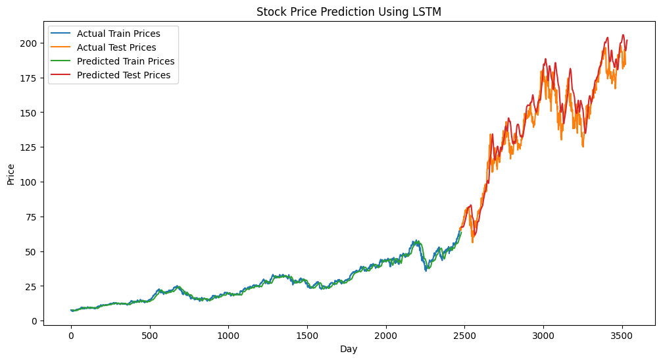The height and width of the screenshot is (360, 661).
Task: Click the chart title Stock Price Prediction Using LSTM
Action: click(349, 12)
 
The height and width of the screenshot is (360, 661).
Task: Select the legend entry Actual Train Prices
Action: click(118, 34)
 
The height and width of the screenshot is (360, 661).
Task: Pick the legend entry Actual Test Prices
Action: click(116, 47)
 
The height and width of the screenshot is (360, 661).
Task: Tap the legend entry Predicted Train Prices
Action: click(126, 61)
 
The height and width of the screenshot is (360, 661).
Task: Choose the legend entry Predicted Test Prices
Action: click(124, 75)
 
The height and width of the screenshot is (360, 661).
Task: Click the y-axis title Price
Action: click(11, 174)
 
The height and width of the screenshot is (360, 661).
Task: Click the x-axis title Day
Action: click(349, 349)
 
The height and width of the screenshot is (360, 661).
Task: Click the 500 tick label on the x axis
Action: click(150, 335)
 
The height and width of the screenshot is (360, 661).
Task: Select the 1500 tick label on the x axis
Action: click(307, 335)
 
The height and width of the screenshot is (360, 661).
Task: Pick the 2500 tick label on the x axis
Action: click(464, 335)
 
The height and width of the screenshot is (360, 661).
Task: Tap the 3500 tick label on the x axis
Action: click(622, 335)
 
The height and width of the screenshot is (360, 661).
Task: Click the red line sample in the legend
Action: click(61, 75)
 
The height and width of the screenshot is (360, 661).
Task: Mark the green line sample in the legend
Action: click(61, 61)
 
